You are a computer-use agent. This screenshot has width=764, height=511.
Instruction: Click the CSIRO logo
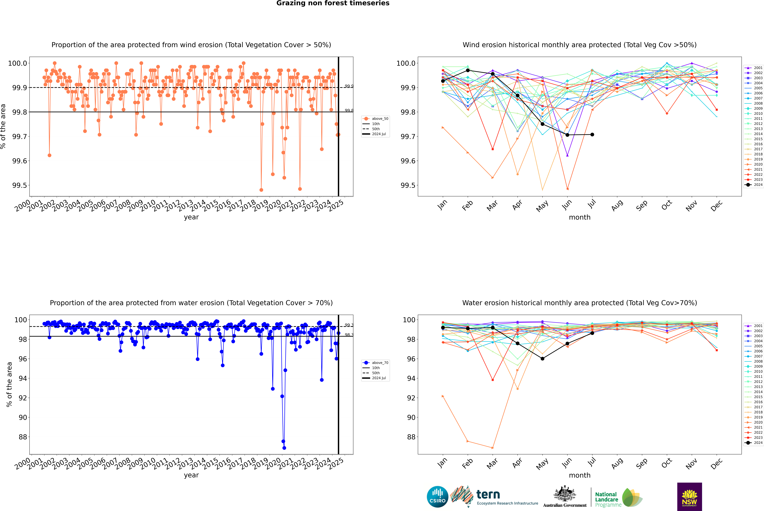[x=437, y=497]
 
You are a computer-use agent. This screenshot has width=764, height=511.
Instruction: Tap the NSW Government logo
[x=689, y=497]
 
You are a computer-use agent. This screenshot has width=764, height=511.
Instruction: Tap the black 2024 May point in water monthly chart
[x=542, y=358]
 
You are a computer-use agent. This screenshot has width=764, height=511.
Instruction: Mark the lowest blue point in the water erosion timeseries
[x=284, y=448]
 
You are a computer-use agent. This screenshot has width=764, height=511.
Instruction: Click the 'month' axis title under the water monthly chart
[x=579, y=475]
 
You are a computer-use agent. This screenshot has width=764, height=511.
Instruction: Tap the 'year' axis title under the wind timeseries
[x=191, y=217]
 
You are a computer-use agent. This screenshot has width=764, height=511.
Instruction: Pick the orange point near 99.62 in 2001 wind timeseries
[x=49, y=155]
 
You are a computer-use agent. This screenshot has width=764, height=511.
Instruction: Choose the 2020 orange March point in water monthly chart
[x=492, y=448]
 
